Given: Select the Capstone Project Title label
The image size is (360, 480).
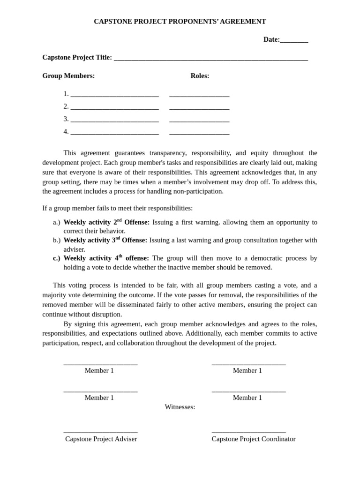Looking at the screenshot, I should [x=77, y=58].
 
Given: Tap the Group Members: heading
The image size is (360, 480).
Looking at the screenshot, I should [x=68, y=76].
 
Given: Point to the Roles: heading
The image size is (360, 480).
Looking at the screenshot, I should [x=200, y=76].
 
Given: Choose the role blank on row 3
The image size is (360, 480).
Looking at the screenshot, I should [x=199, y=120].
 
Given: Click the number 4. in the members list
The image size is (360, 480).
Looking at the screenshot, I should [x=66, y=132].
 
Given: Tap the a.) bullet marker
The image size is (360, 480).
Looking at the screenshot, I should [x=57, y=222].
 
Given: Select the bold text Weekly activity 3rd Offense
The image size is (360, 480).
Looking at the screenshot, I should [x=105, y=240].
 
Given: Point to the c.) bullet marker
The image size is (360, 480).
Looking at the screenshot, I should [x=57, y=258].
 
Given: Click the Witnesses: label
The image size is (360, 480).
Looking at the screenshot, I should [x=180, y=407].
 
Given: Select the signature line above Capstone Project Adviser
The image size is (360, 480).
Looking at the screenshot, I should [x=100, y=431].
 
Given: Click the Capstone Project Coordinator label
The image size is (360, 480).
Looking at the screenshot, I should [x=254, y=439].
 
